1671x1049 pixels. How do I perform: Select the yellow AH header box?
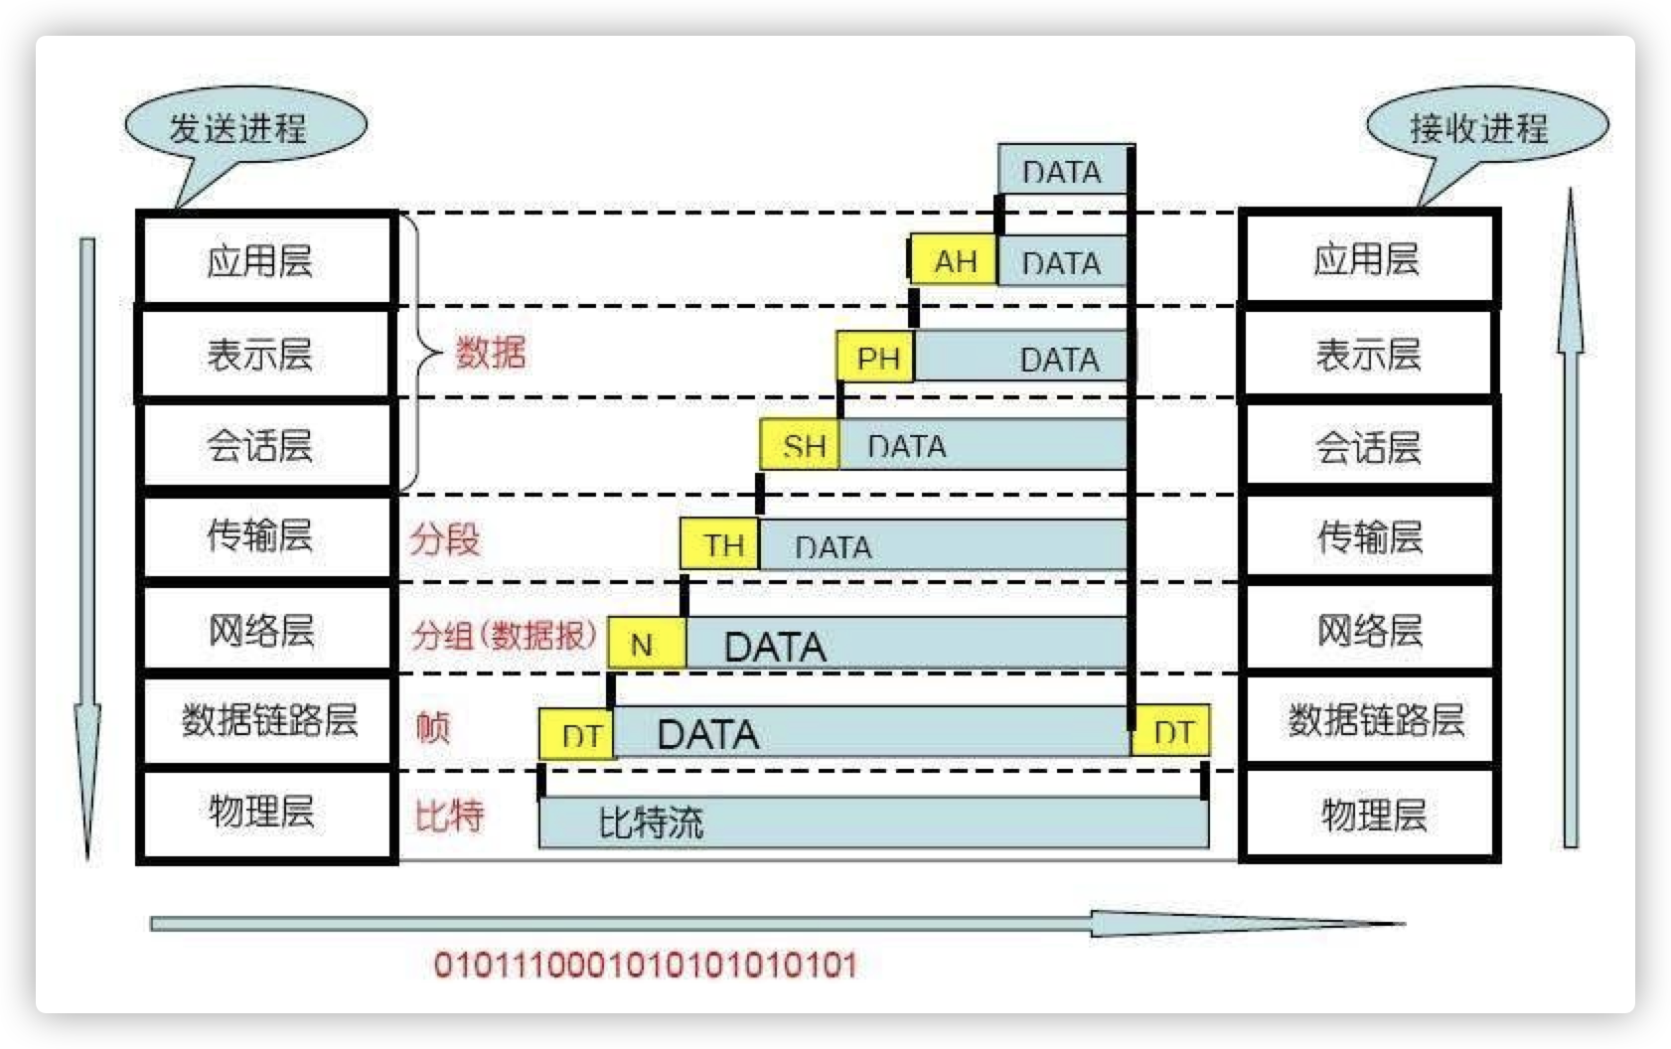pyautogui.click(x=954, y=261)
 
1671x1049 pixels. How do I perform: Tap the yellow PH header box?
pyautogui.click(x=875, y=357)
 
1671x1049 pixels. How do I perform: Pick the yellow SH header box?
pyautogui.click(x=801, y=444)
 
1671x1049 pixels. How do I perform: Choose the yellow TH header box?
pyautogui.click(x=720, y=543)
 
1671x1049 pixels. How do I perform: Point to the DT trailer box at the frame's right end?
pyautogui.click(x=1171, y=732)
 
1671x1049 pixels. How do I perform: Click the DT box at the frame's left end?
pyautogui.click(x=577, y=735)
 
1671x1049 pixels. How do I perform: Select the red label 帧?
pyautogui.click(x=433, y=727)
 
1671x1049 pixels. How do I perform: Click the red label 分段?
pyautogui.click(x=445, y=539)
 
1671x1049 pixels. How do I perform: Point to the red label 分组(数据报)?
pyautogui.click(x=505, y=634)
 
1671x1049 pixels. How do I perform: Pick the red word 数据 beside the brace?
pyautogui.click(x=490, y=353)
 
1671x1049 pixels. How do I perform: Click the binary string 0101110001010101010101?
pyautogui.click(x=645, y=965)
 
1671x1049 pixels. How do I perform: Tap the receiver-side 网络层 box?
pyautogui.click(x=1369, y=630)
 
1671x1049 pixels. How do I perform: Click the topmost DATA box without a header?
pyautogui.click(x=1062, y=171)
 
